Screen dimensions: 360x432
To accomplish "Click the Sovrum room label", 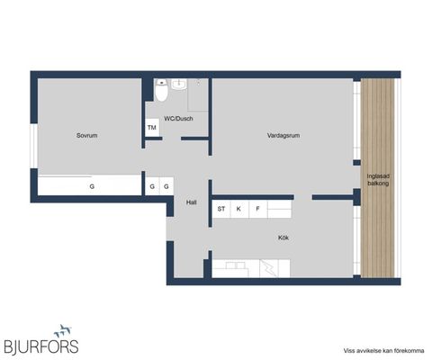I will (x=87, y=135).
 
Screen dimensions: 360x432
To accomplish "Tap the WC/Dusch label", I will (x=178, y=119).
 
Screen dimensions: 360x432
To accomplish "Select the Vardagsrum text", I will (x=283, y=135).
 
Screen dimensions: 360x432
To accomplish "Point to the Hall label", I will (x=192, y=202).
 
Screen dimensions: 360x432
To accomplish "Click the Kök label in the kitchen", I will (x=283, y=238).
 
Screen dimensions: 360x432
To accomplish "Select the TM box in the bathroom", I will (x=153, y=129).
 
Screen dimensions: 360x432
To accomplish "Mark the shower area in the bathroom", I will (x=198, y=94).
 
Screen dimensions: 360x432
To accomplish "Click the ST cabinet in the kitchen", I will (x=220, y=209).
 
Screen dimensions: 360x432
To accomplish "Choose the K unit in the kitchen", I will (x=239, y=209).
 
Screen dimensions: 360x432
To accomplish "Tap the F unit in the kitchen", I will (x=258, y=209).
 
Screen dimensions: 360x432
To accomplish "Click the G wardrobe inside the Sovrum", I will (x=91, y=186).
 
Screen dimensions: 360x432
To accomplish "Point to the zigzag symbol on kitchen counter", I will (x=268, y=267).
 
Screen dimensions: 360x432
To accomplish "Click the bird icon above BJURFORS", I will (x=62, y=330).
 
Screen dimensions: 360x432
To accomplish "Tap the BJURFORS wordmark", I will (x=40, y=346).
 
